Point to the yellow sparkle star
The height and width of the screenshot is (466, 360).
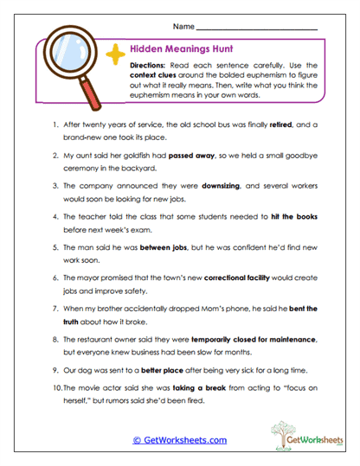click(112, 54)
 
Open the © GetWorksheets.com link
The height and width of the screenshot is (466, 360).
click(179, 440)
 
